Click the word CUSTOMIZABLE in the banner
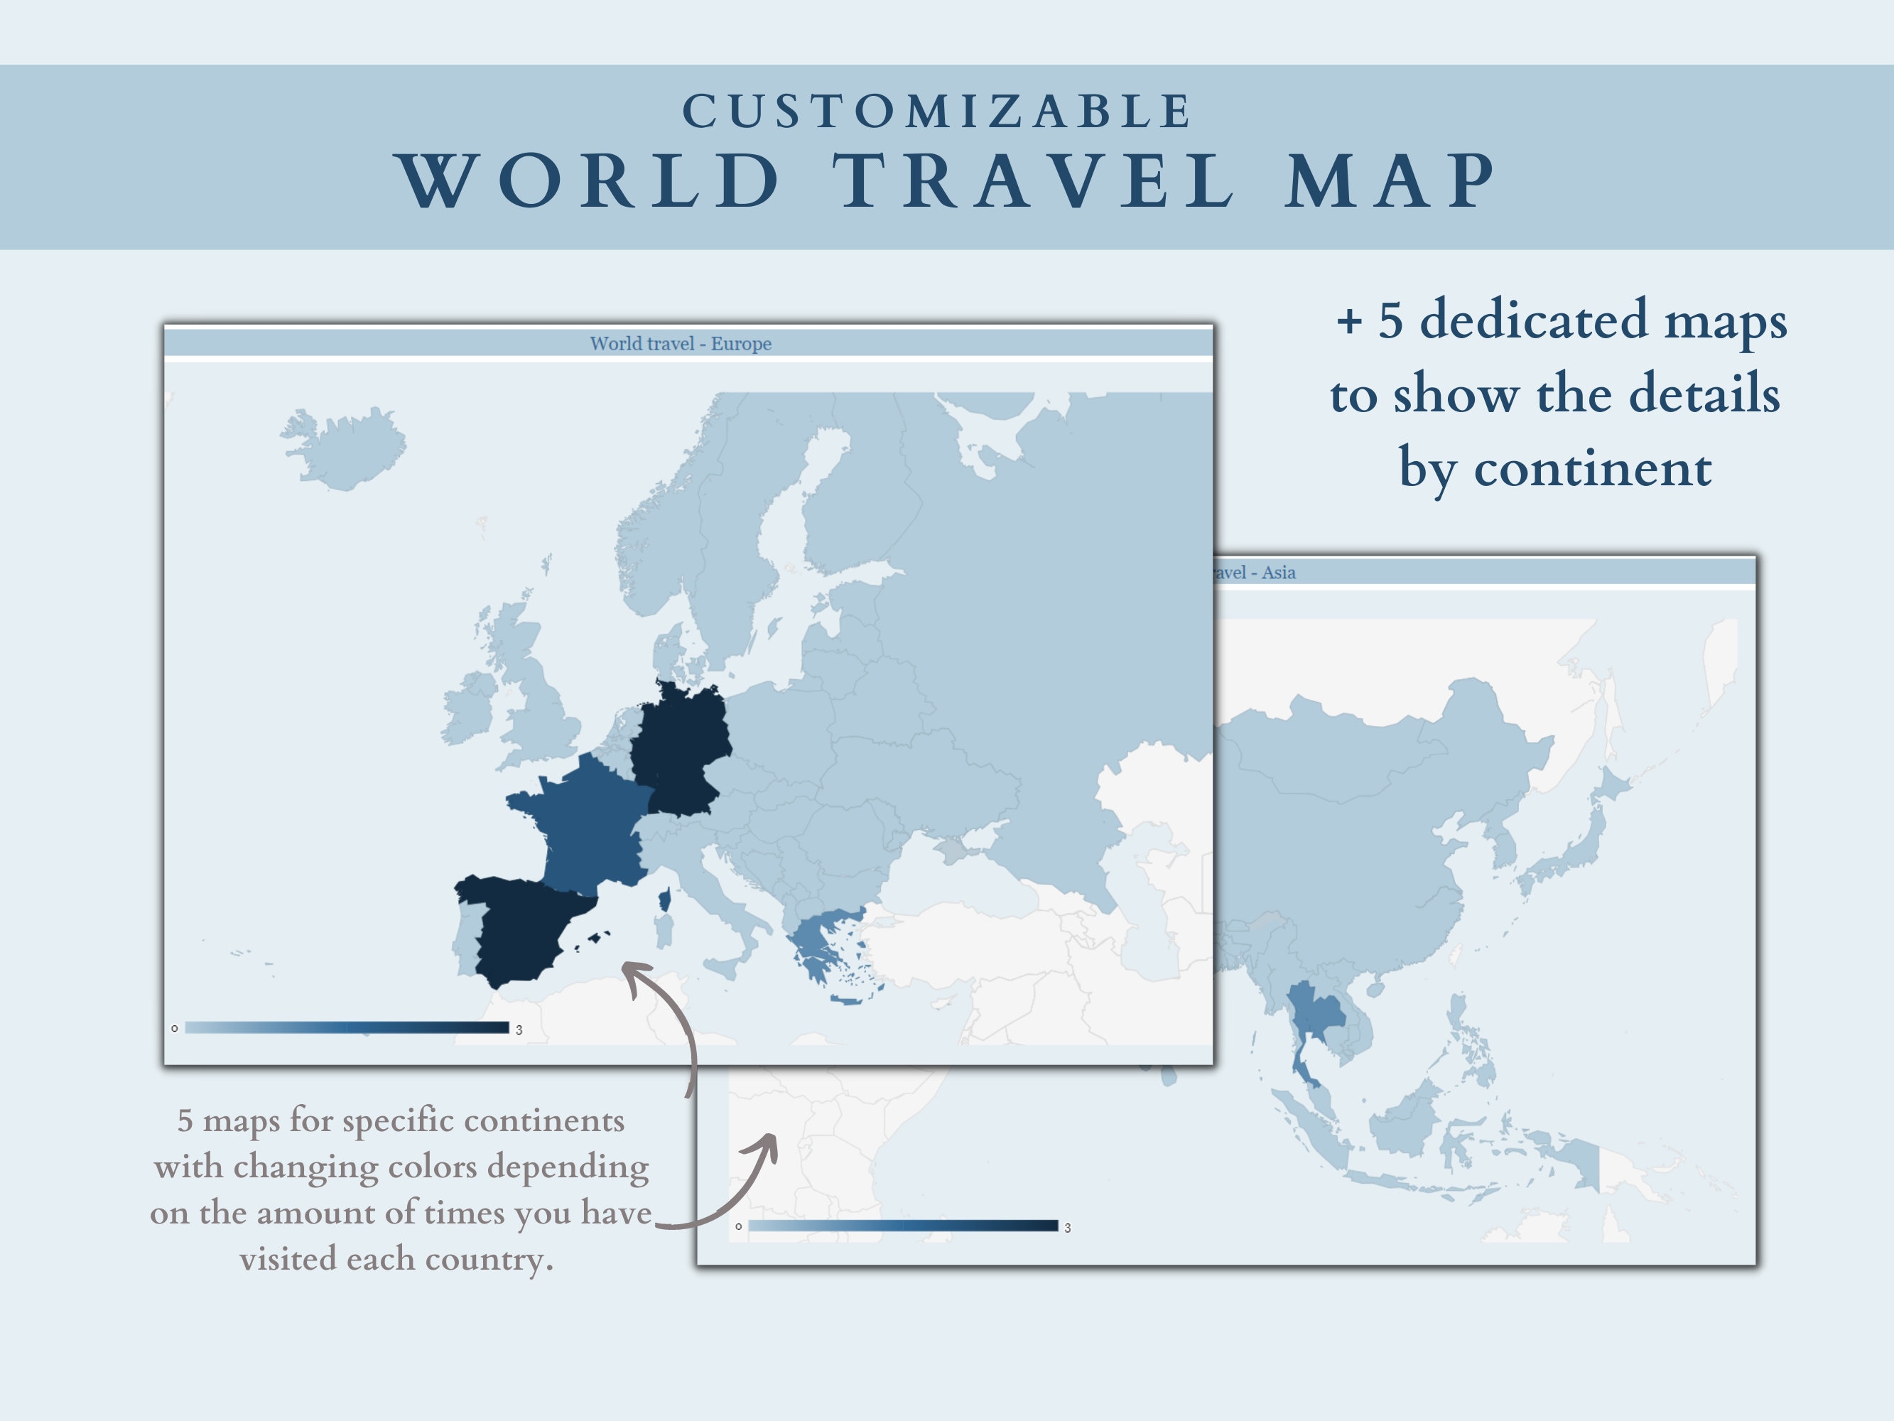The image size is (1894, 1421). (x=938, y=112)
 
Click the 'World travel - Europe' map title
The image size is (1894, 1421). (x=681, y=343)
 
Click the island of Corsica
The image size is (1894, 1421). (x=664, y=899)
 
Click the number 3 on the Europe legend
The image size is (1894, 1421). (x=519, y=1030)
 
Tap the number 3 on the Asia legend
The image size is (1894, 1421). (x=1068, y=1228)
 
